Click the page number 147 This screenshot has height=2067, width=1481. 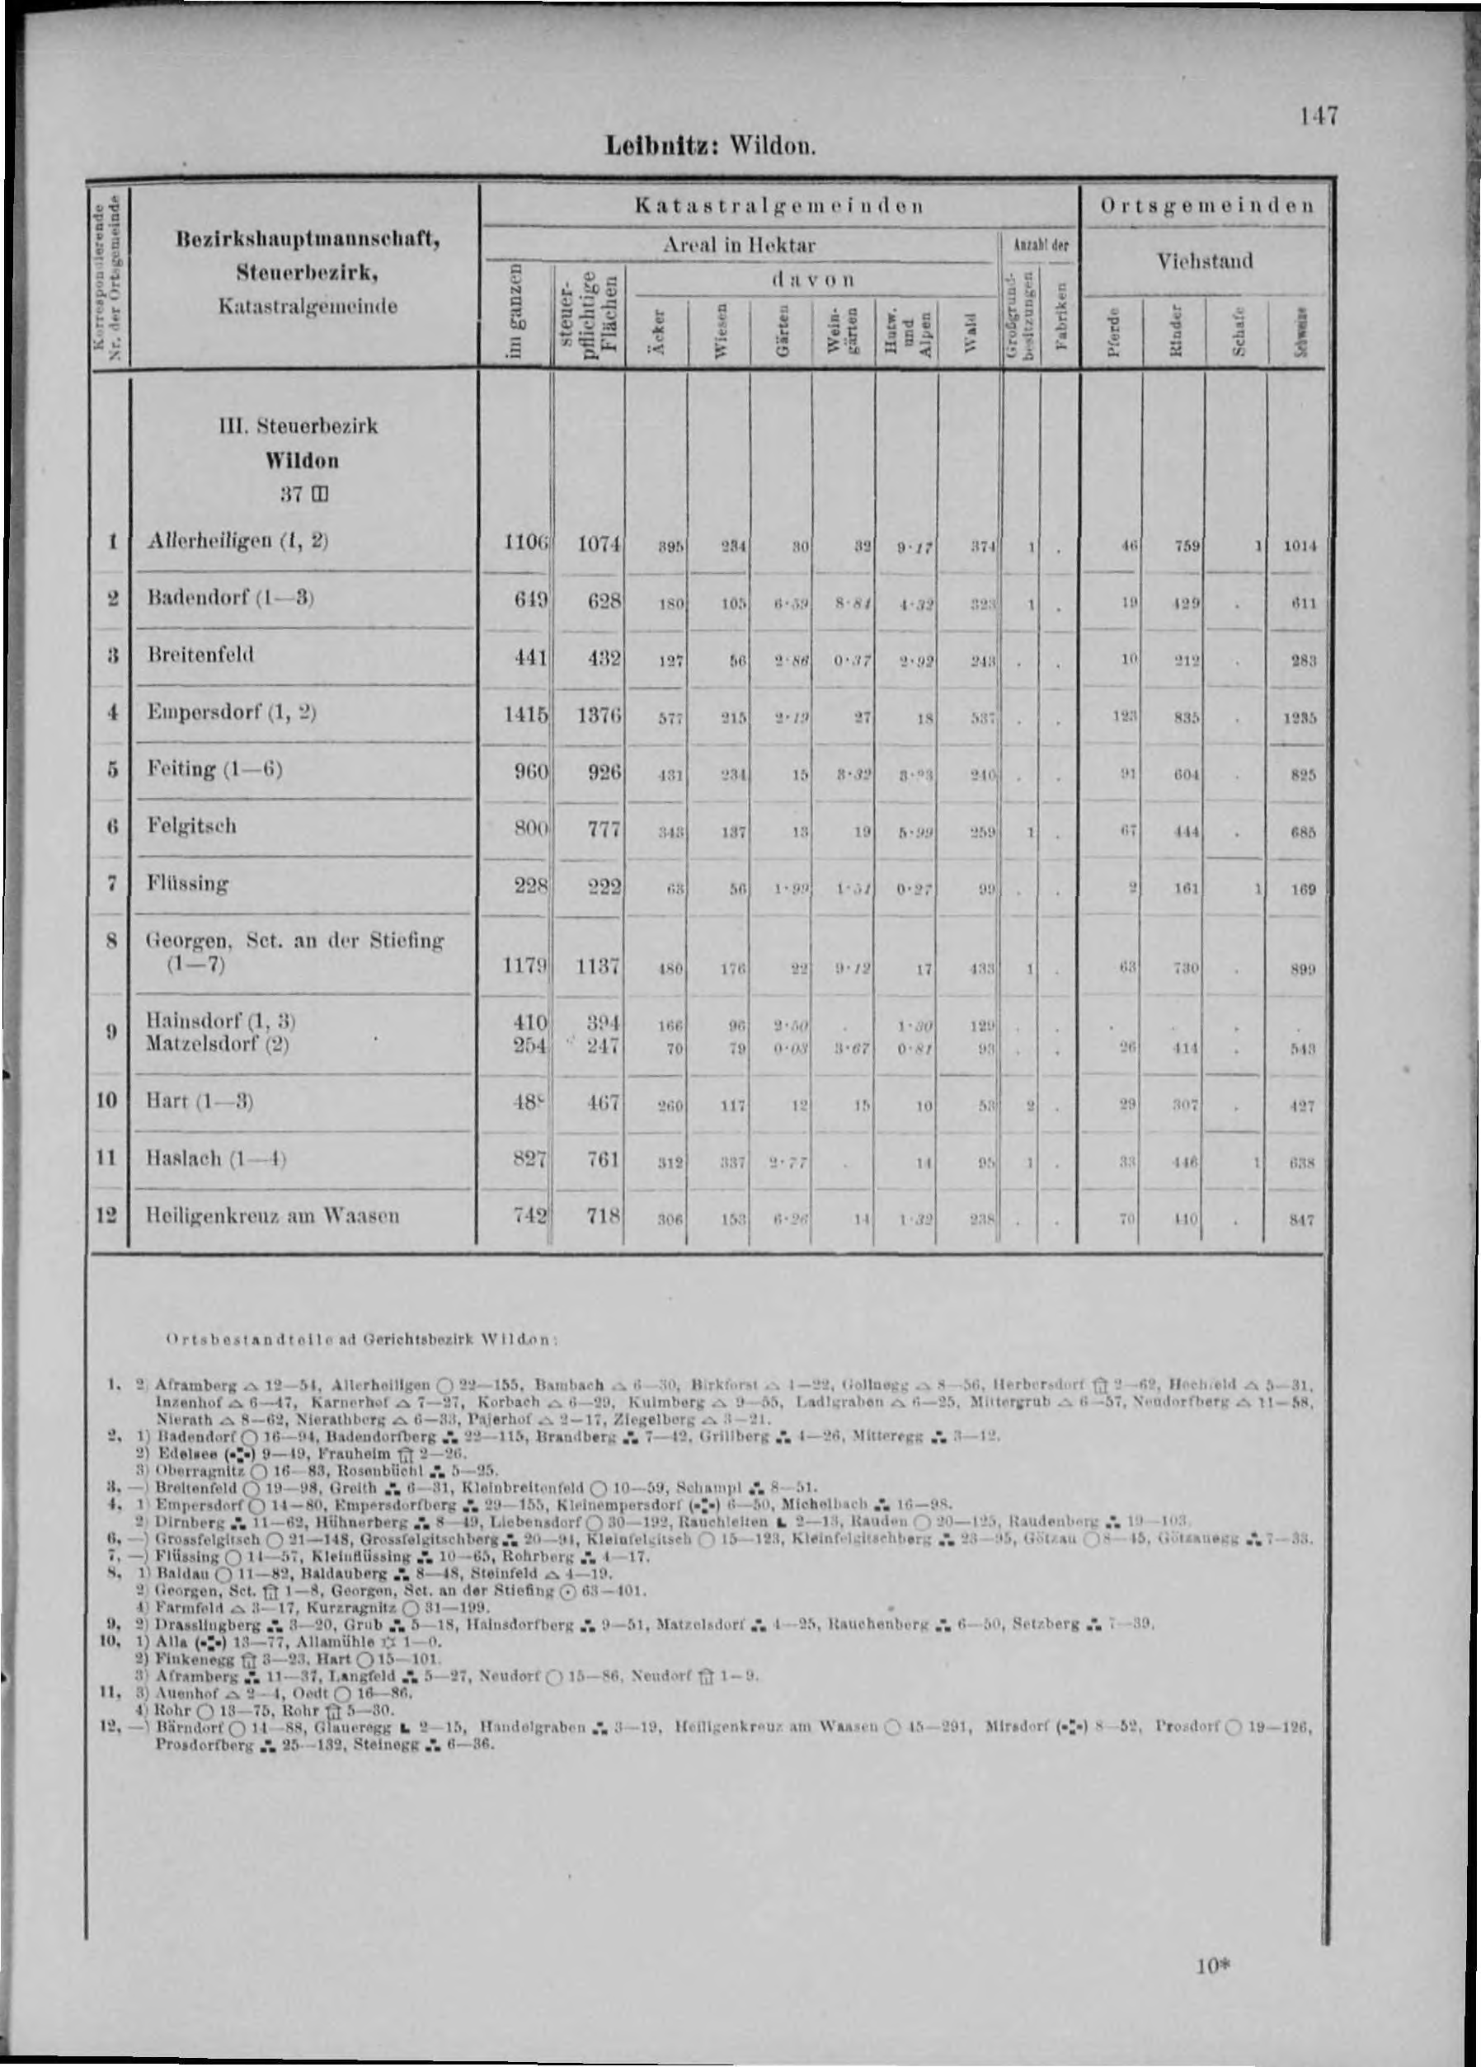(x=1317, y=115)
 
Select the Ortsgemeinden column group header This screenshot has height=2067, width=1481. (x=1206, y=206)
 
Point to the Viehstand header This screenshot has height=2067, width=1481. (x=1205, y=261)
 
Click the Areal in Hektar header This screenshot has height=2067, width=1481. (x=739, y=245)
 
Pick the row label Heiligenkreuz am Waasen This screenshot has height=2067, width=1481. (x=274, y=1214)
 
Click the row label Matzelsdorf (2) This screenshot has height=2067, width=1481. (x=217, y=1044)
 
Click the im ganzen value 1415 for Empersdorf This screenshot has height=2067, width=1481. (x=526, y=716)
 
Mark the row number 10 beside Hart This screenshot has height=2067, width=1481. (x=107, y=1100)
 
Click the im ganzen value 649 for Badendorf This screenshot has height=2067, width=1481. (x=527, y=600)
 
